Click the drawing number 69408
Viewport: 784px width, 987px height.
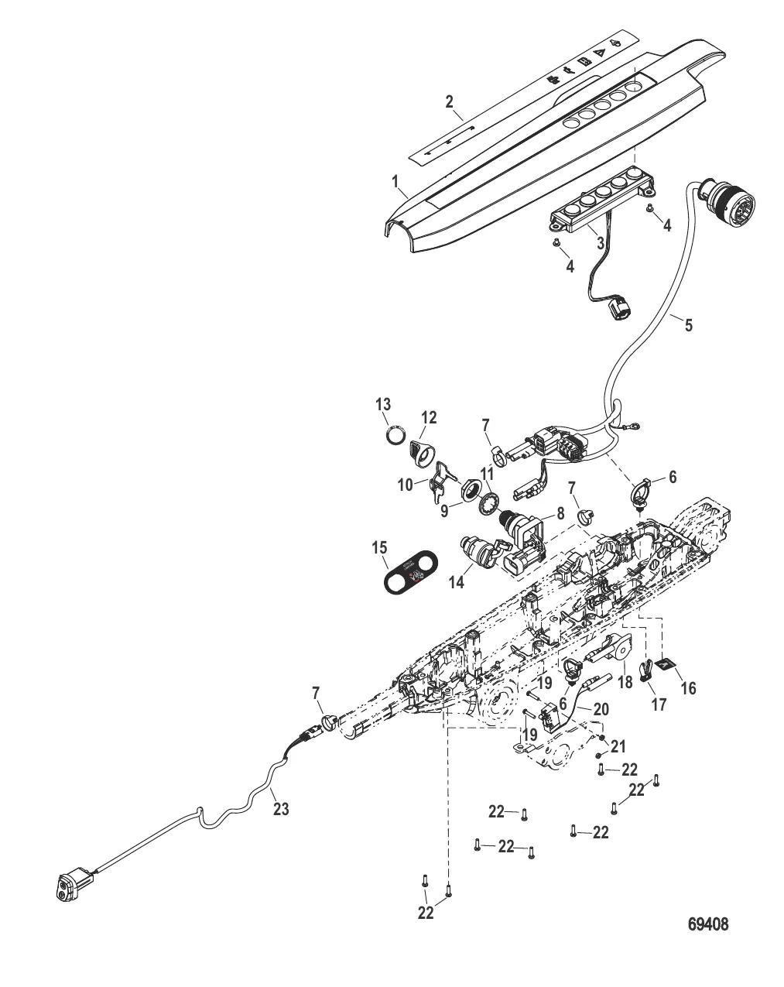(708, 924)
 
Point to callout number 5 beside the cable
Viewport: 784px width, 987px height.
(688, 324)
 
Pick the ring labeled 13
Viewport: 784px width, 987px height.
(395, 436)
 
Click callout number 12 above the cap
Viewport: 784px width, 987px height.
(428, 418)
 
